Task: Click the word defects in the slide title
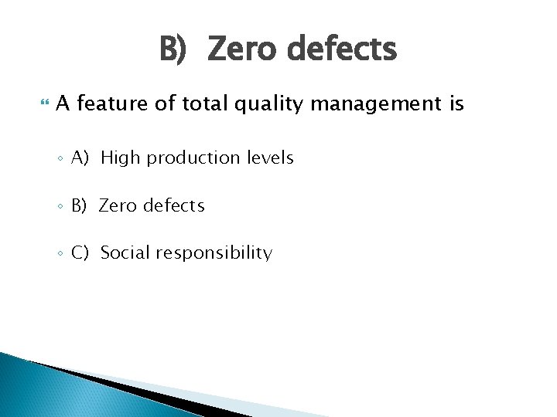[341, 50]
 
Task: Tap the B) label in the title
[173, 50]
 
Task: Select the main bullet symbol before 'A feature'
[43, 103]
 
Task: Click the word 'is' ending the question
[455, 103]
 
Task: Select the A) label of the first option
[81, 158]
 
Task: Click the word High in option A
[121, 158]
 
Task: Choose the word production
[193, 158]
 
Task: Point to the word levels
[270, 158]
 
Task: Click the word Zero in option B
[118, 206]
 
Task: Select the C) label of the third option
[81, 253]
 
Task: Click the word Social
[125, 253]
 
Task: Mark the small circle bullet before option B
[60, 207]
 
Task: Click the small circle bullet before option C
[60, 254]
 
